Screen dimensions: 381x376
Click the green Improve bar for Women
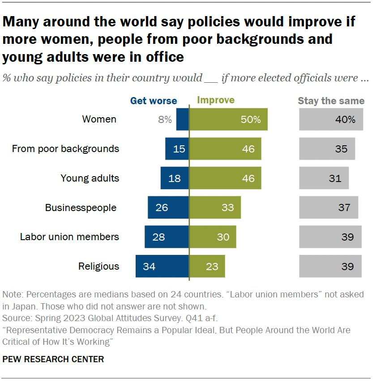click(x=228, y=119)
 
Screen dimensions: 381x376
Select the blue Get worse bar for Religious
click(x=162, y=267)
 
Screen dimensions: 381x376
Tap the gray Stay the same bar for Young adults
click(x=324, y=178)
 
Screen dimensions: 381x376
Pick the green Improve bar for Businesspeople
click(x=215, y=207)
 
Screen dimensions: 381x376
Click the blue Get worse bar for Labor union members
click(x=167, y=237)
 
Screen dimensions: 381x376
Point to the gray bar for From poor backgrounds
click(x=327, y=149)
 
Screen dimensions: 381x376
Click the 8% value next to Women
click(x=164, y=119)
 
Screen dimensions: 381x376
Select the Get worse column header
click(x=154, y=101)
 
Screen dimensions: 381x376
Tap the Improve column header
click(x=216, y=100)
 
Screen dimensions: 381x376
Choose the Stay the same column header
click(x=331, y=101)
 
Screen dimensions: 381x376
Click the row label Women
click(x=99, y=119)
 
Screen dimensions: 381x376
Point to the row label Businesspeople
click(x=81, y=207)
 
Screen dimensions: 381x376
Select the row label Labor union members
click(x=69, y=237)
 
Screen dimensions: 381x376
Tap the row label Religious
click(x=98, y=267)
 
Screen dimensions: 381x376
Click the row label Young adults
click(x=90, y=178)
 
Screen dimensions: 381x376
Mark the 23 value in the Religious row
click(x=212, y=267)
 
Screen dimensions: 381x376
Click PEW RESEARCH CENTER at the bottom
click(x=53, y=359)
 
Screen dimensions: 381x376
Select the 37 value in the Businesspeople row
click(x=345, y=207)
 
